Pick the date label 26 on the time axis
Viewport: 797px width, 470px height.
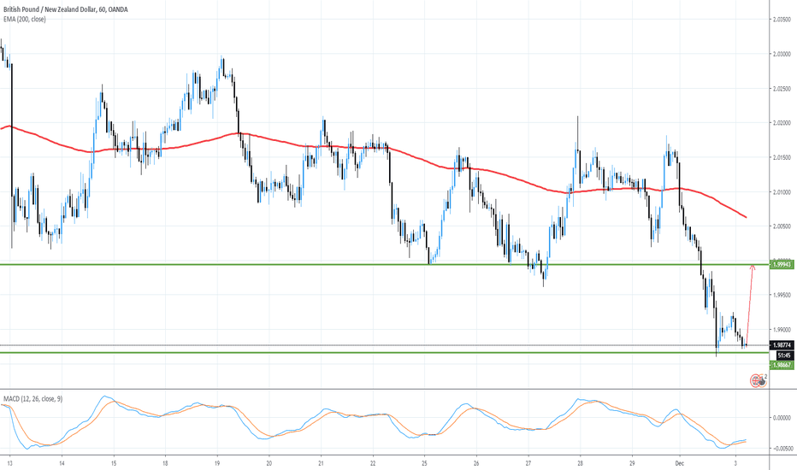(x=477, y=461)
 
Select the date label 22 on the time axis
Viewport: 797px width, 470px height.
(x=374, y=461)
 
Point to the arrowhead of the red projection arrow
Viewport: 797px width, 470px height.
(x=753, y=267)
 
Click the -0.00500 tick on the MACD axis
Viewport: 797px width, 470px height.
(x=782, y=447)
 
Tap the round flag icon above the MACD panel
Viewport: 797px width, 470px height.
(x=758, y=380)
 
